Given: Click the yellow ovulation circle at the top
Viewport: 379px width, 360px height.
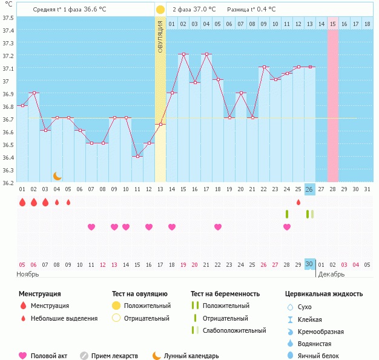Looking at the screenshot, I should (x=160, y=10).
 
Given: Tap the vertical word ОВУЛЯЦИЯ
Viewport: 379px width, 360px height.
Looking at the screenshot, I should (x=160, y=36).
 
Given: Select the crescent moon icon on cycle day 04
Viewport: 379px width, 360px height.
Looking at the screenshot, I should (x=57, y=175).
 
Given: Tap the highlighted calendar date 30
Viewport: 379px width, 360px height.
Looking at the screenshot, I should (x=309, y=264).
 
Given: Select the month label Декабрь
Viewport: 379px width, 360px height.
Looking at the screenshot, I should (x=331, y=274).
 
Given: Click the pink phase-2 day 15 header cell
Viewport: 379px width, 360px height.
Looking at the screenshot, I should (x=333, y=24).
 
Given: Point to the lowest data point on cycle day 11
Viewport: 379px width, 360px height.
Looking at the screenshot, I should (x=137, y=156).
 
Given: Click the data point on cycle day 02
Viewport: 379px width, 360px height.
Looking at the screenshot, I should (x=34, y=93).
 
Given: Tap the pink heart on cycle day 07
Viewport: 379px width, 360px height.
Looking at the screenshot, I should (x=91, y=227).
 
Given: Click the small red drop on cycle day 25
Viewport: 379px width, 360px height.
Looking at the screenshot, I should (x=298, y=202).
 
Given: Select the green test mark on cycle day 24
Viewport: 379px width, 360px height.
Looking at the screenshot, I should (x=287, y=214).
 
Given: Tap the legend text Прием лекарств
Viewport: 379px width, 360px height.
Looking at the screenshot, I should (x=114, y=356).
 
